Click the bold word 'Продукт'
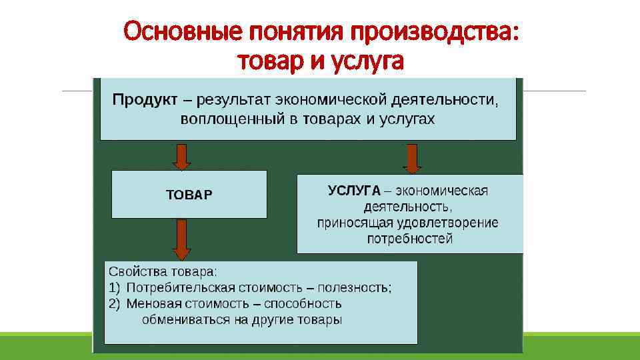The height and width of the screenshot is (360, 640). (145, 100)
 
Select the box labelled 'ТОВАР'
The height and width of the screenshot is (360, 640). (189, 195)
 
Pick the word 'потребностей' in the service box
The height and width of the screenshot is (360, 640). (410, 239)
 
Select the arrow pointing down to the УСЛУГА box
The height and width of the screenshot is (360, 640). (412, 159)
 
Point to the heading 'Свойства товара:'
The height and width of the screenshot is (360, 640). (163, 272)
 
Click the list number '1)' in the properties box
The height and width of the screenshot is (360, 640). (114, 288)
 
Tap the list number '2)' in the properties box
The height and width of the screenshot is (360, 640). (114, 303)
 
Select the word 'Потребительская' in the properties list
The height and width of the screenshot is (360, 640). (181, 288)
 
